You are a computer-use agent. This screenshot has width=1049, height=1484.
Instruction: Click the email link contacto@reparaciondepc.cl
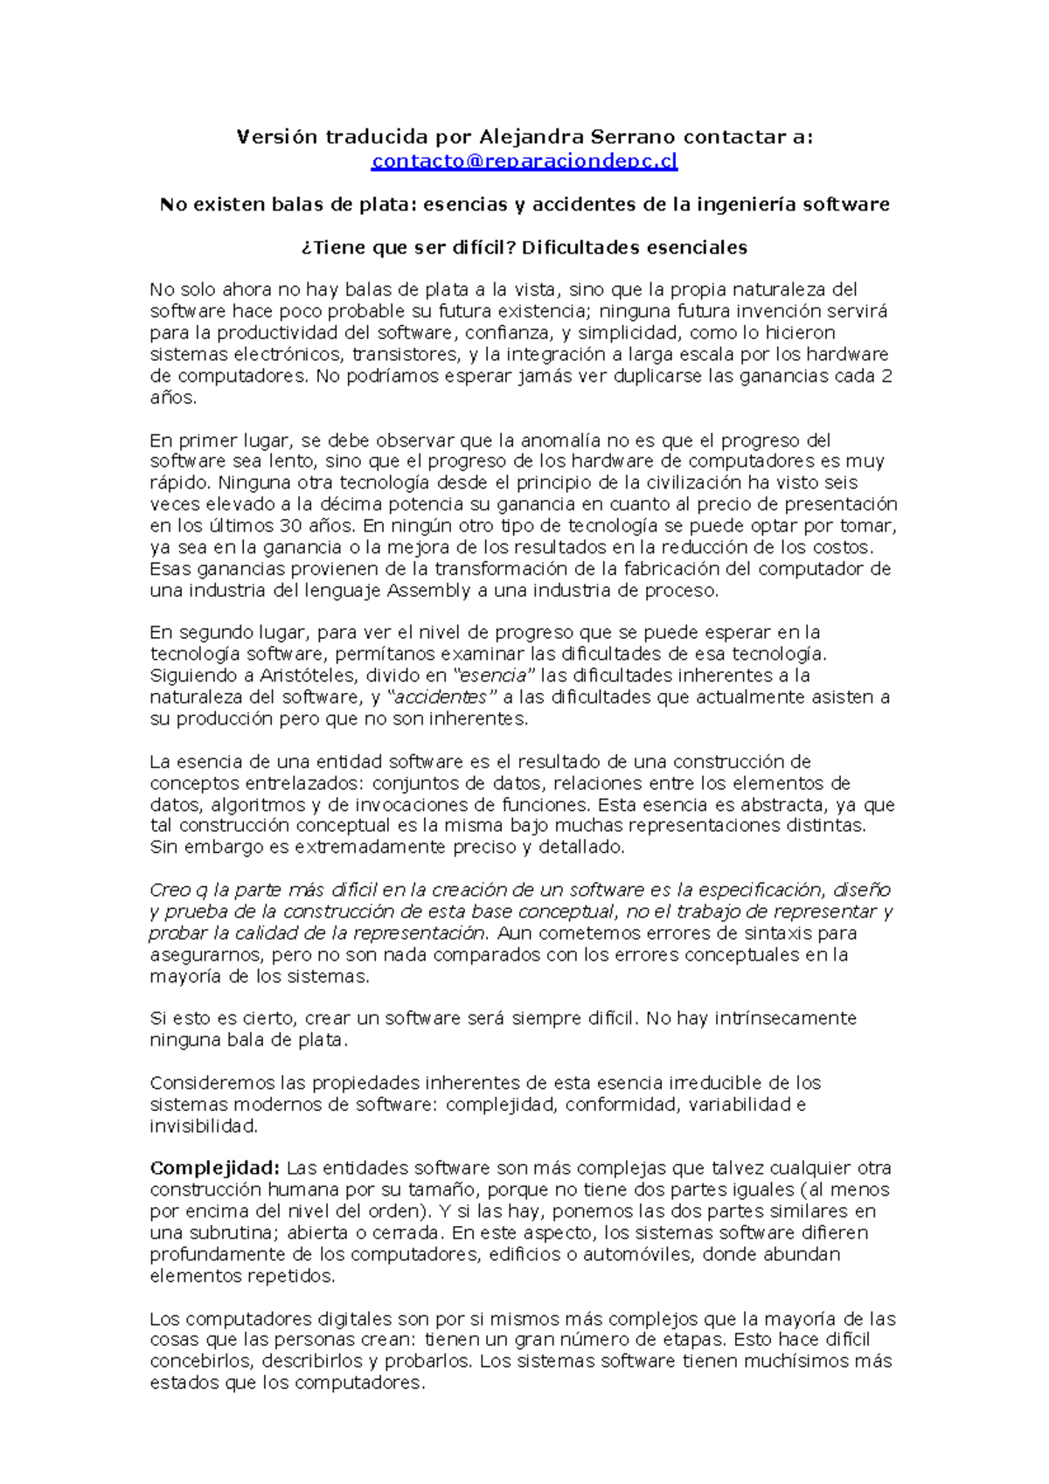[x=524, y=161]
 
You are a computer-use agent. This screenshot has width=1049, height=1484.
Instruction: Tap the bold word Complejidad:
[x=214, y=1168]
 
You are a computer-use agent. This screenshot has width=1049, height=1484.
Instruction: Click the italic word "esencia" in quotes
[x=494, y=676]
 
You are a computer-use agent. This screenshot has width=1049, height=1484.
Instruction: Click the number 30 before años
[x=289, y=526]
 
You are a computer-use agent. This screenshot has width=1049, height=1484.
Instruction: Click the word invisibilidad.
[x=203, y=1127]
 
